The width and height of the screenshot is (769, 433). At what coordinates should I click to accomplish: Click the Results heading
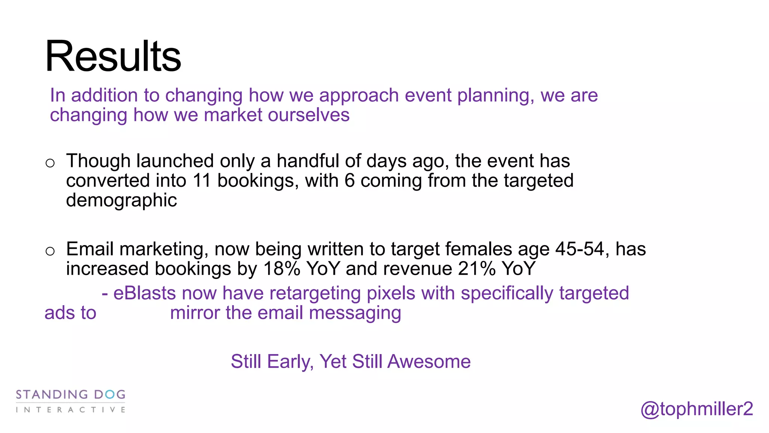(113, 56)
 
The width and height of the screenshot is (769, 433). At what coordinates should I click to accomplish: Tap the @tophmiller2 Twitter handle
(697, 409)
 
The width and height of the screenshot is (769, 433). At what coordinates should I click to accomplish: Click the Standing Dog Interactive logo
(71, 401)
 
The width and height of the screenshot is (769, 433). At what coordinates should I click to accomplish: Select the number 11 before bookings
(202, 180)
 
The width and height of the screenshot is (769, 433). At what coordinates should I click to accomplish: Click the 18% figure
(282, 269)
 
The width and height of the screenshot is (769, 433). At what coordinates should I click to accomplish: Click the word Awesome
(429, 362)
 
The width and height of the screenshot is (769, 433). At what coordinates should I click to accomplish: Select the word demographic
(121, 200)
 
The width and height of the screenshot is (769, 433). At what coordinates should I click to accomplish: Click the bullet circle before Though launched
(50, 163)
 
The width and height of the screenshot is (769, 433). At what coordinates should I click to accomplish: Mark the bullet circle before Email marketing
(50, 251)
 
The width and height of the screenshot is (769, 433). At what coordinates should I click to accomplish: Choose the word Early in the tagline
(290, 362)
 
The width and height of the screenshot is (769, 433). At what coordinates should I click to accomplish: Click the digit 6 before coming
(350, 180)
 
